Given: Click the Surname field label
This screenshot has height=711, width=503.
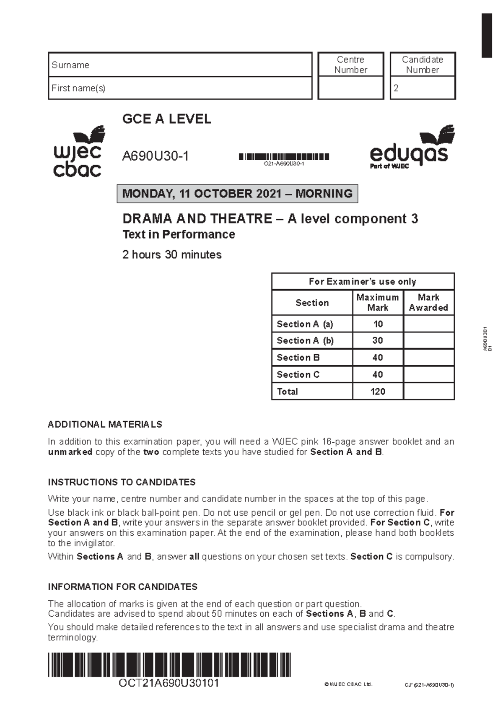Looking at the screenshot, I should (70, 65).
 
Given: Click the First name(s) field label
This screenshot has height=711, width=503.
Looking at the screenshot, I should (78, 88).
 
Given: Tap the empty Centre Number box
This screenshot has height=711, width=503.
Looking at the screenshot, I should (351, 88).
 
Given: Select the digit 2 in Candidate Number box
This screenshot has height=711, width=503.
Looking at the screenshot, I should (396, 88).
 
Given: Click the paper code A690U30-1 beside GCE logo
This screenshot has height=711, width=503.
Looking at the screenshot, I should (156, 156).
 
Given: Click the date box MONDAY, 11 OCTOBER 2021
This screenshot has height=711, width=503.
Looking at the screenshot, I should (237, 194).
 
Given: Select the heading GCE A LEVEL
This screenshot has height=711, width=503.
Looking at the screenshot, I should (166, 119).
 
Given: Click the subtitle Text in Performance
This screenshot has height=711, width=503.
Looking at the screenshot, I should (179, 234).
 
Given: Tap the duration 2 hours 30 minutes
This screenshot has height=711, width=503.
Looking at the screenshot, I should (172, 254).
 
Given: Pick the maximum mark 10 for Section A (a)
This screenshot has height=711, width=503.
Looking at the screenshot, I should (378, 324).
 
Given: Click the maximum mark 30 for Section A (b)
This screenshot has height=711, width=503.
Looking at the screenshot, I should (378, 340).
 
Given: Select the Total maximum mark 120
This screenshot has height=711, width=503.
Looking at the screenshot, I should (378, 392).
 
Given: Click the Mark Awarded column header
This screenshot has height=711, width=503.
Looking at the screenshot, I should (428, 302).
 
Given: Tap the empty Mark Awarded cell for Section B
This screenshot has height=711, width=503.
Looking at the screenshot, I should (428, 358).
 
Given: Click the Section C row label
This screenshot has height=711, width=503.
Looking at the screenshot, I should (298, 374).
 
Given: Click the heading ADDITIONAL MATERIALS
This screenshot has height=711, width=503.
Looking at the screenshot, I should (105, 424).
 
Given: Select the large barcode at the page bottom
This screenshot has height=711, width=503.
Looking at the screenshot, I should (169, 664).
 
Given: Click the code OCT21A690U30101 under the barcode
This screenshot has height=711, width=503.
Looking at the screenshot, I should (169, 683).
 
